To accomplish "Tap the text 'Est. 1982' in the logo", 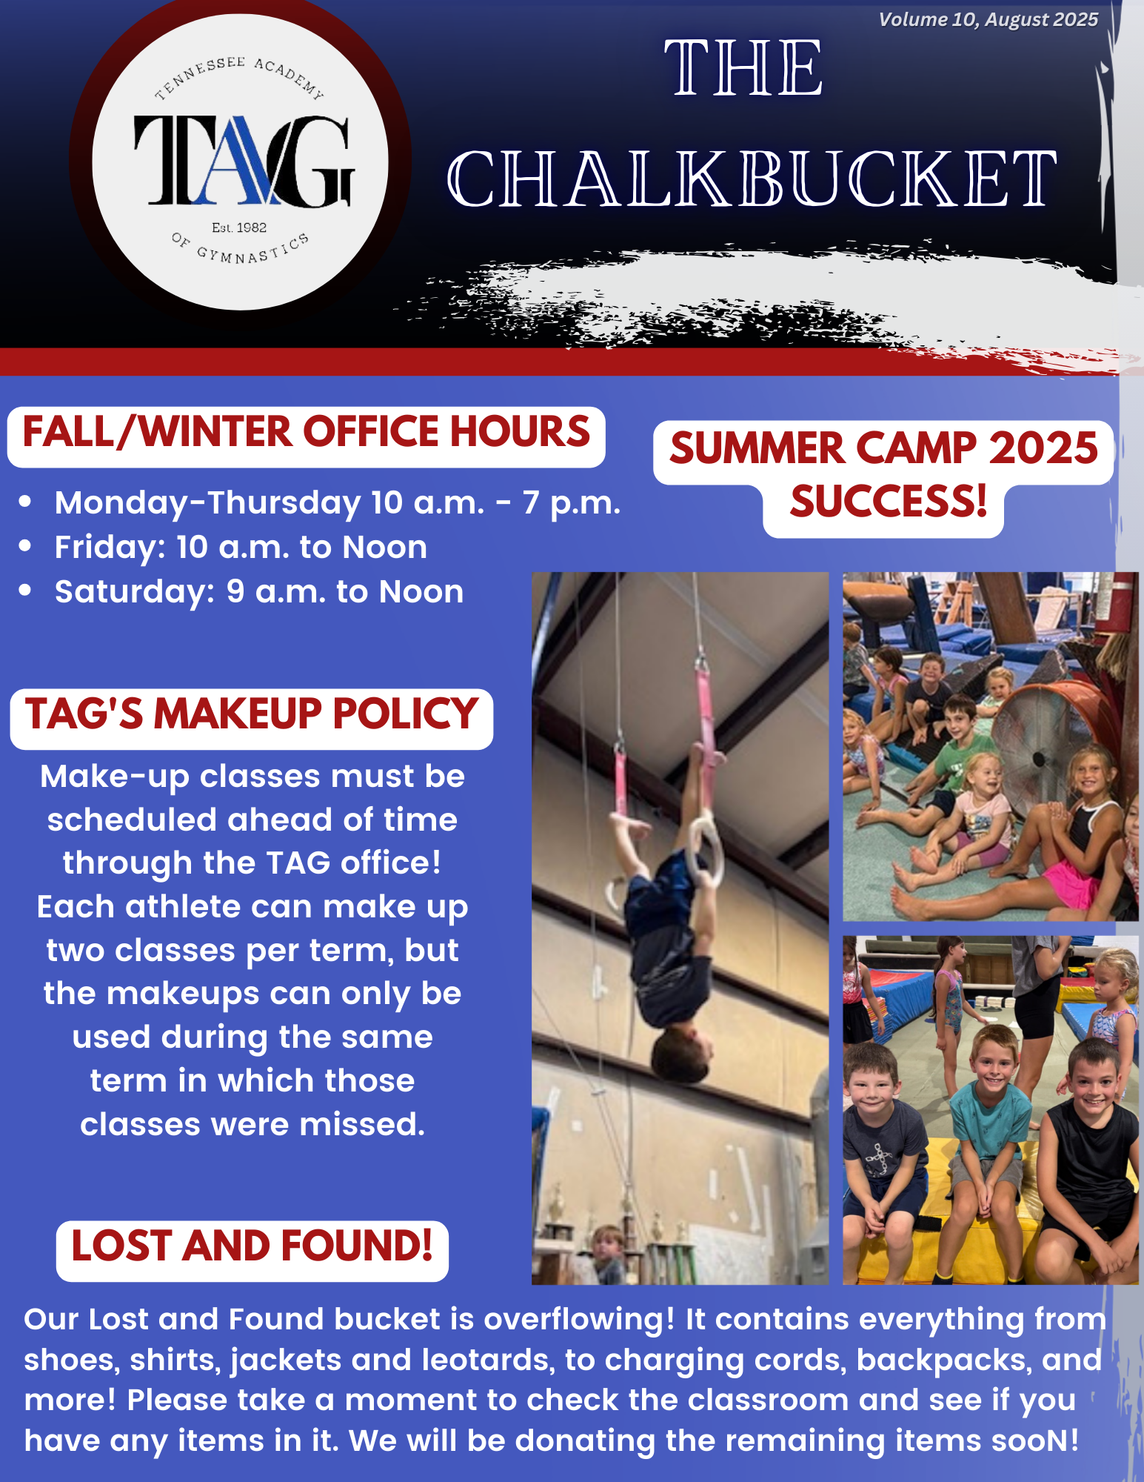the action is (239, 227).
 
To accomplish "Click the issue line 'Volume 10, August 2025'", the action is (988, 19).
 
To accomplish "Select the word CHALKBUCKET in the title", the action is (752, 179).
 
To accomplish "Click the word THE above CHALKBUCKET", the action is (743, 68).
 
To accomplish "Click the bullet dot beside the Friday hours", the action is (26, 547).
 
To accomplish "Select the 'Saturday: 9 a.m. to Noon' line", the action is (259, 592).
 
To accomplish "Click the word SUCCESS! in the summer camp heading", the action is (889, 501).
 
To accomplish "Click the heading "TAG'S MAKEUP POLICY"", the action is (252, 714).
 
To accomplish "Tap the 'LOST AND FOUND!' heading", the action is (252, 1246).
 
